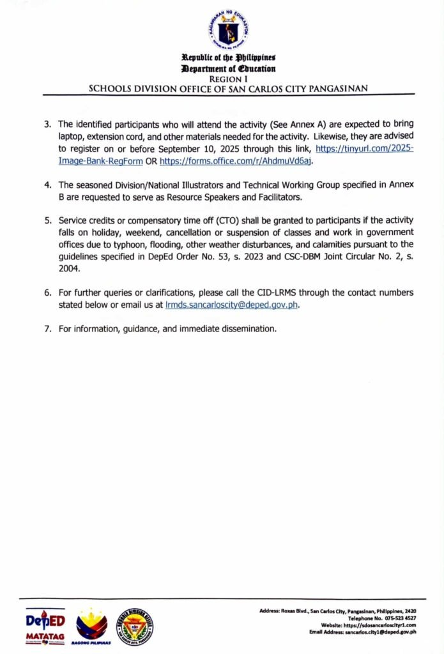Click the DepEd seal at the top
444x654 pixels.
[228, 29]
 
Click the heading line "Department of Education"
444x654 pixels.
[228, 68]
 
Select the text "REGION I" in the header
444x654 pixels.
[227, 78]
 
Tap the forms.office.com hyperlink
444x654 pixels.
[235, 162]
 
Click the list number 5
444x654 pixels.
[47, 220]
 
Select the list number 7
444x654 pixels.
[47, 330]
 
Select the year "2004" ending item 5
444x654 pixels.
[68, 269]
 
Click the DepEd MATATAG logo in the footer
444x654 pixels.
[45, 627]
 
